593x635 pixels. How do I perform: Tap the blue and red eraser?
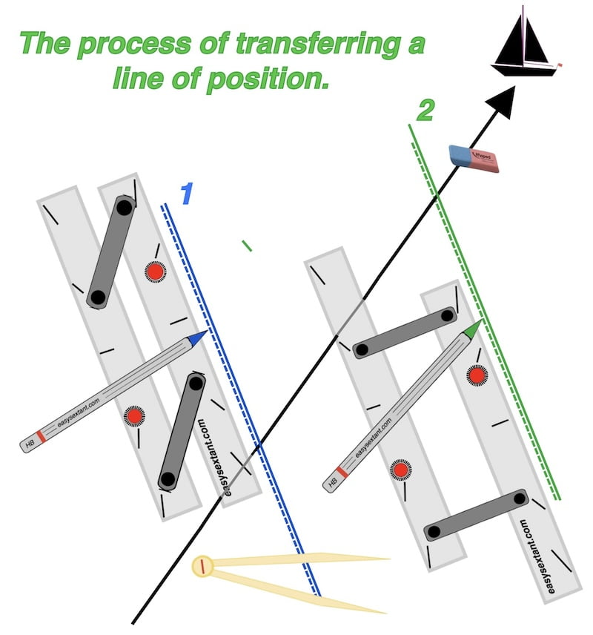[x=474, y=158]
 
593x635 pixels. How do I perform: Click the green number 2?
[x=425, y=111]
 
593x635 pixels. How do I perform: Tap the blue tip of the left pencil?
[x=196, y=339]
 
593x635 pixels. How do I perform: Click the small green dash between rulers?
[x=247, y=246]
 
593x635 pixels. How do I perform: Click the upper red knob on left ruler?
[x=154, y=272]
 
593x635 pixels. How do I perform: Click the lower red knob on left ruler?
[x=133, y=416]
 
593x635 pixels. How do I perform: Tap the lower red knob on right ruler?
[x=401, y=470]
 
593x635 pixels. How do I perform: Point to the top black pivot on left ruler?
[x=124, y=207]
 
